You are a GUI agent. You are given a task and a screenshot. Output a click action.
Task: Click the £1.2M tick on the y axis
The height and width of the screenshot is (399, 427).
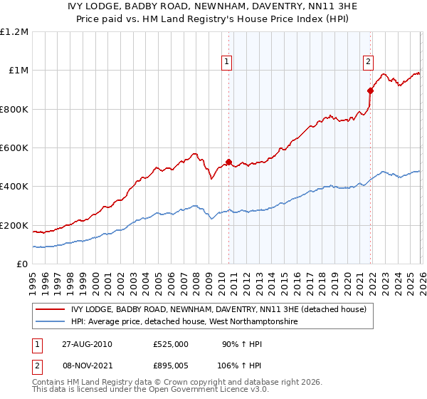14,31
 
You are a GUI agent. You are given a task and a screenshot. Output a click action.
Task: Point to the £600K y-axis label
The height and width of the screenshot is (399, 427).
14,147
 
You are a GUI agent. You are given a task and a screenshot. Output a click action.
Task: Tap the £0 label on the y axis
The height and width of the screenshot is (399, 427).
21,264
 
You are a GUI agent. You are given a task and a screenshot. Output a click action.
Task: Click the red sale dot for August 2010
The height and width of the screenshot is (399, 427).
228,162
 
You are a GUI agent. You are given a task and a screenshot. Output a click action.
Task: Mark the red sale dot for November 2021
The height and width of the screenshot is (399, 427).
370,90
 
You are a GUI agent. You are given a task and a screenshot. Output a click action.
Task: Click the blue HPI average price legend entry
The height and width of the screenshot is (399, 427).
183,322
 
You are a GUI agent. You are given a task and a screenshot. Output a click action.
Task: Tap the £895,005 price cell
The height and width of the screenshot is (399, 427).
171,366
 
